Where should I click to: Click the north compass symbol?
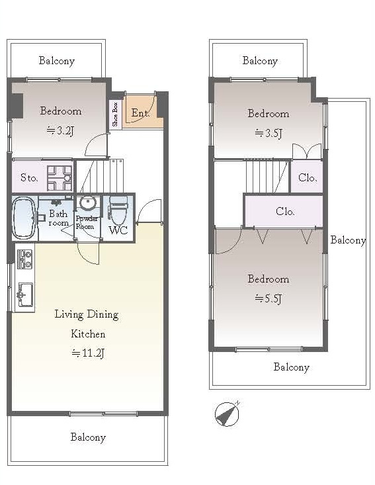point(228,414)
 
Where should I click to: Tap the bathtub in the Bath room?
point(24,218)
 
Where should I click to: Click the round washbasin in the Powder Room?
point(88,204)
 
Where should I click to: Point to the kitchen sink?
point(24,295)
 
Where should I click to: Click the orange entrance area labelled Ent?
point(143,111)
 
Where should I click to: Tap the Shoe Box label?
point(115,114)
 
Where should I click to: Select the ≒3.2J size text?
point(61,131)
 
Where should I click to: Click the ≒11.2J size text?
point(88,353)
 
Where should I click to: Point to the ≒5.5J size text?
point(269,298)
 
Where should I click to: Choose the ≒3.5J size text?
point(269,133)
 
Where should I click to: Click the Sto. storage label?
point(29,177)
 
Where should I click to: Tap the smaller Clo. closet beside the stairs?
point(307,176)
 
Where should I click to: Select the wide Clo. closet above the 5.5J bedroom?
point(284,212)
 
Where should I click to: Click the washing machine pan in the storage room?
point(60,178)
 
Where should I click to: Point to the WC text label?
point(118,230)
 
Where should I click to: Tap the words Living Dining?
point(87,314)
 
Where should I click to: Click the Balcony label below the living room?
point(88,437)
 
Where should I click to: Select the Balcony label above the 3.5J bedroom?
point(260,61)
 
